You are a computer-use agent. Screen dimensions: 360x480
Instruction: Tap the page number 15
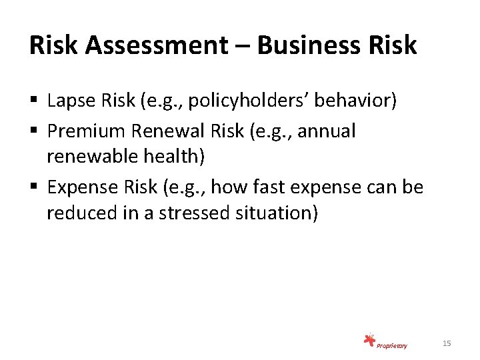pos(447,343)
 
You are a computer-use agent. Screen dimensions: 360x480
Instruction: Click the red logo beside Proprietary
pos(369,341)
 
